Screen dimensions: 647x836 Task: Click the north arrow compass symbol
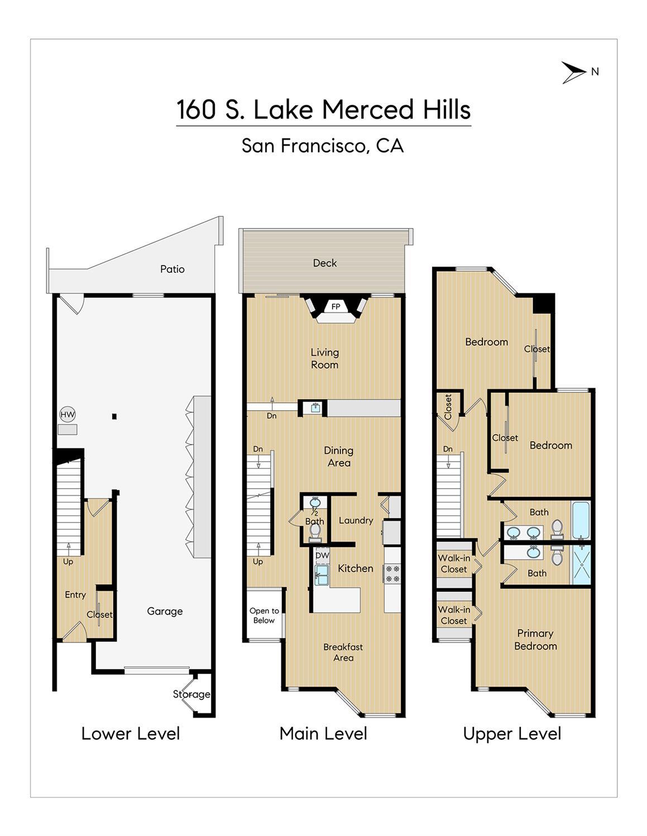coord(574,72)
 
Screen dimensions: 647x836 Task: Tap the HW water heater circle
coord(68,414)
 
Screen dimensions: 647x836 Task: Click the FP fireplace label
coord(336,307)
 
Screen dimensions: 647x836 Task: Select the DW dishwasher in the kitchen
coord(322,555)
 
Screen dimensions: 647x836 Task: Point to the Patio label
coord(172,269)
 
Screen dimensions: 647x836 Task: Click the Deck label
coord(325,263)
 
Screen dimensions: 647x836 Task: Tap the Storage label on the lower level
coord(191,694)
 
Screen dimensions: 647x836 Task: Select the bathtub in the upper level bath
coord(581,520)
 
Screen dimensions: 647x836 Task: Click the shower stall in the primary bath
coord(581,566)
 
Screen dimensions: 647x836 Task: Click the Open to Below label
coord(264,616)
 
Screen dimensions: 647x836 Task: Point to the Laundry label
coord(356,520)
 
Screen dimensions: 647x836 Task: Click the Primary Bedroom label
coord(535,639)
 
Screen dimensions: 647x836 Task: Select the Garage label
coord(165,611)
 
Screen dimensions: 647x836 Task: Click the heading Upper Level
coord(512,734)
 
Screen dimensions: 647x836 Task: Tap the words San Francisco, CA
coord(323,146)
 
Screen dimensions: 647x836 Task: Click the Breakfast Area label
coord(343,652)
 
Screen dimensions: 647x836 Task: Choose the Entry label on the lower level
coord(75,595)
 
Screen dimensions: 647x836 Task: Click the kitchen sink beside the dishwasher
coord(322,575)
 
